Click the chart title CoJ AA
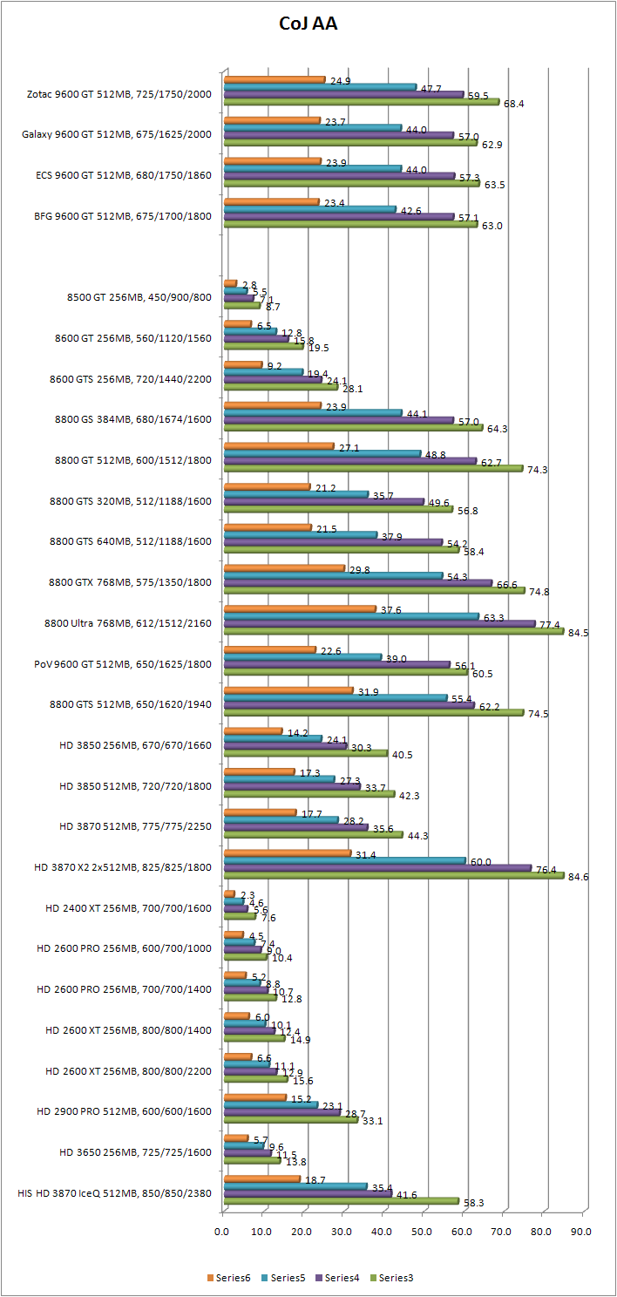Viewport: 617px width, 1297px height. (308, 24)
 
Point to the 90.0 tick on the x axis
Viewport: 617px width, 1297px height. (581, 1232)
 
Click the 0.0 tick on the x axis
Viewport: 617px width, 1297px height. (223, 1232)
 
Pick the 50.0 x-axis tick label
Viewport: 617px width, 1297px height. (422, 1232)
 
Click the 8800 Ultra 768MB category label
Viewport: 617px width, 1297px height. (127, 623)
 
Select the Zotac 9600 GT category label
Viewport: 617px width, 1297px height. (119, 93)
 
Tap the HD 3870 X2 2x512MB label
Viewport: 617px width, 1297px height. (122, 867)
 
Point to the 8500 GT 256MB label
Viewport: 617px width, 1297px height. (139, 296)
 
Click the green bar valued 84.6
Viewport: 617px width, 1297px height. (393, 876)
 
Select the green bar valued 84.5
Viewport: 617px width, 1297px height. (393, 632)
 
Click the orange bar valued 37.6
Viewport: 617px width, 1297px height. (300, 608)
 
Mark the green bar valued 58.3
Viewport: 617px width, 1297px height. (341, 1201)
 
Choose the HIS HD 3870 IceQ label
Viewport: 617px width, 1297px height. (114, 1193)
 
